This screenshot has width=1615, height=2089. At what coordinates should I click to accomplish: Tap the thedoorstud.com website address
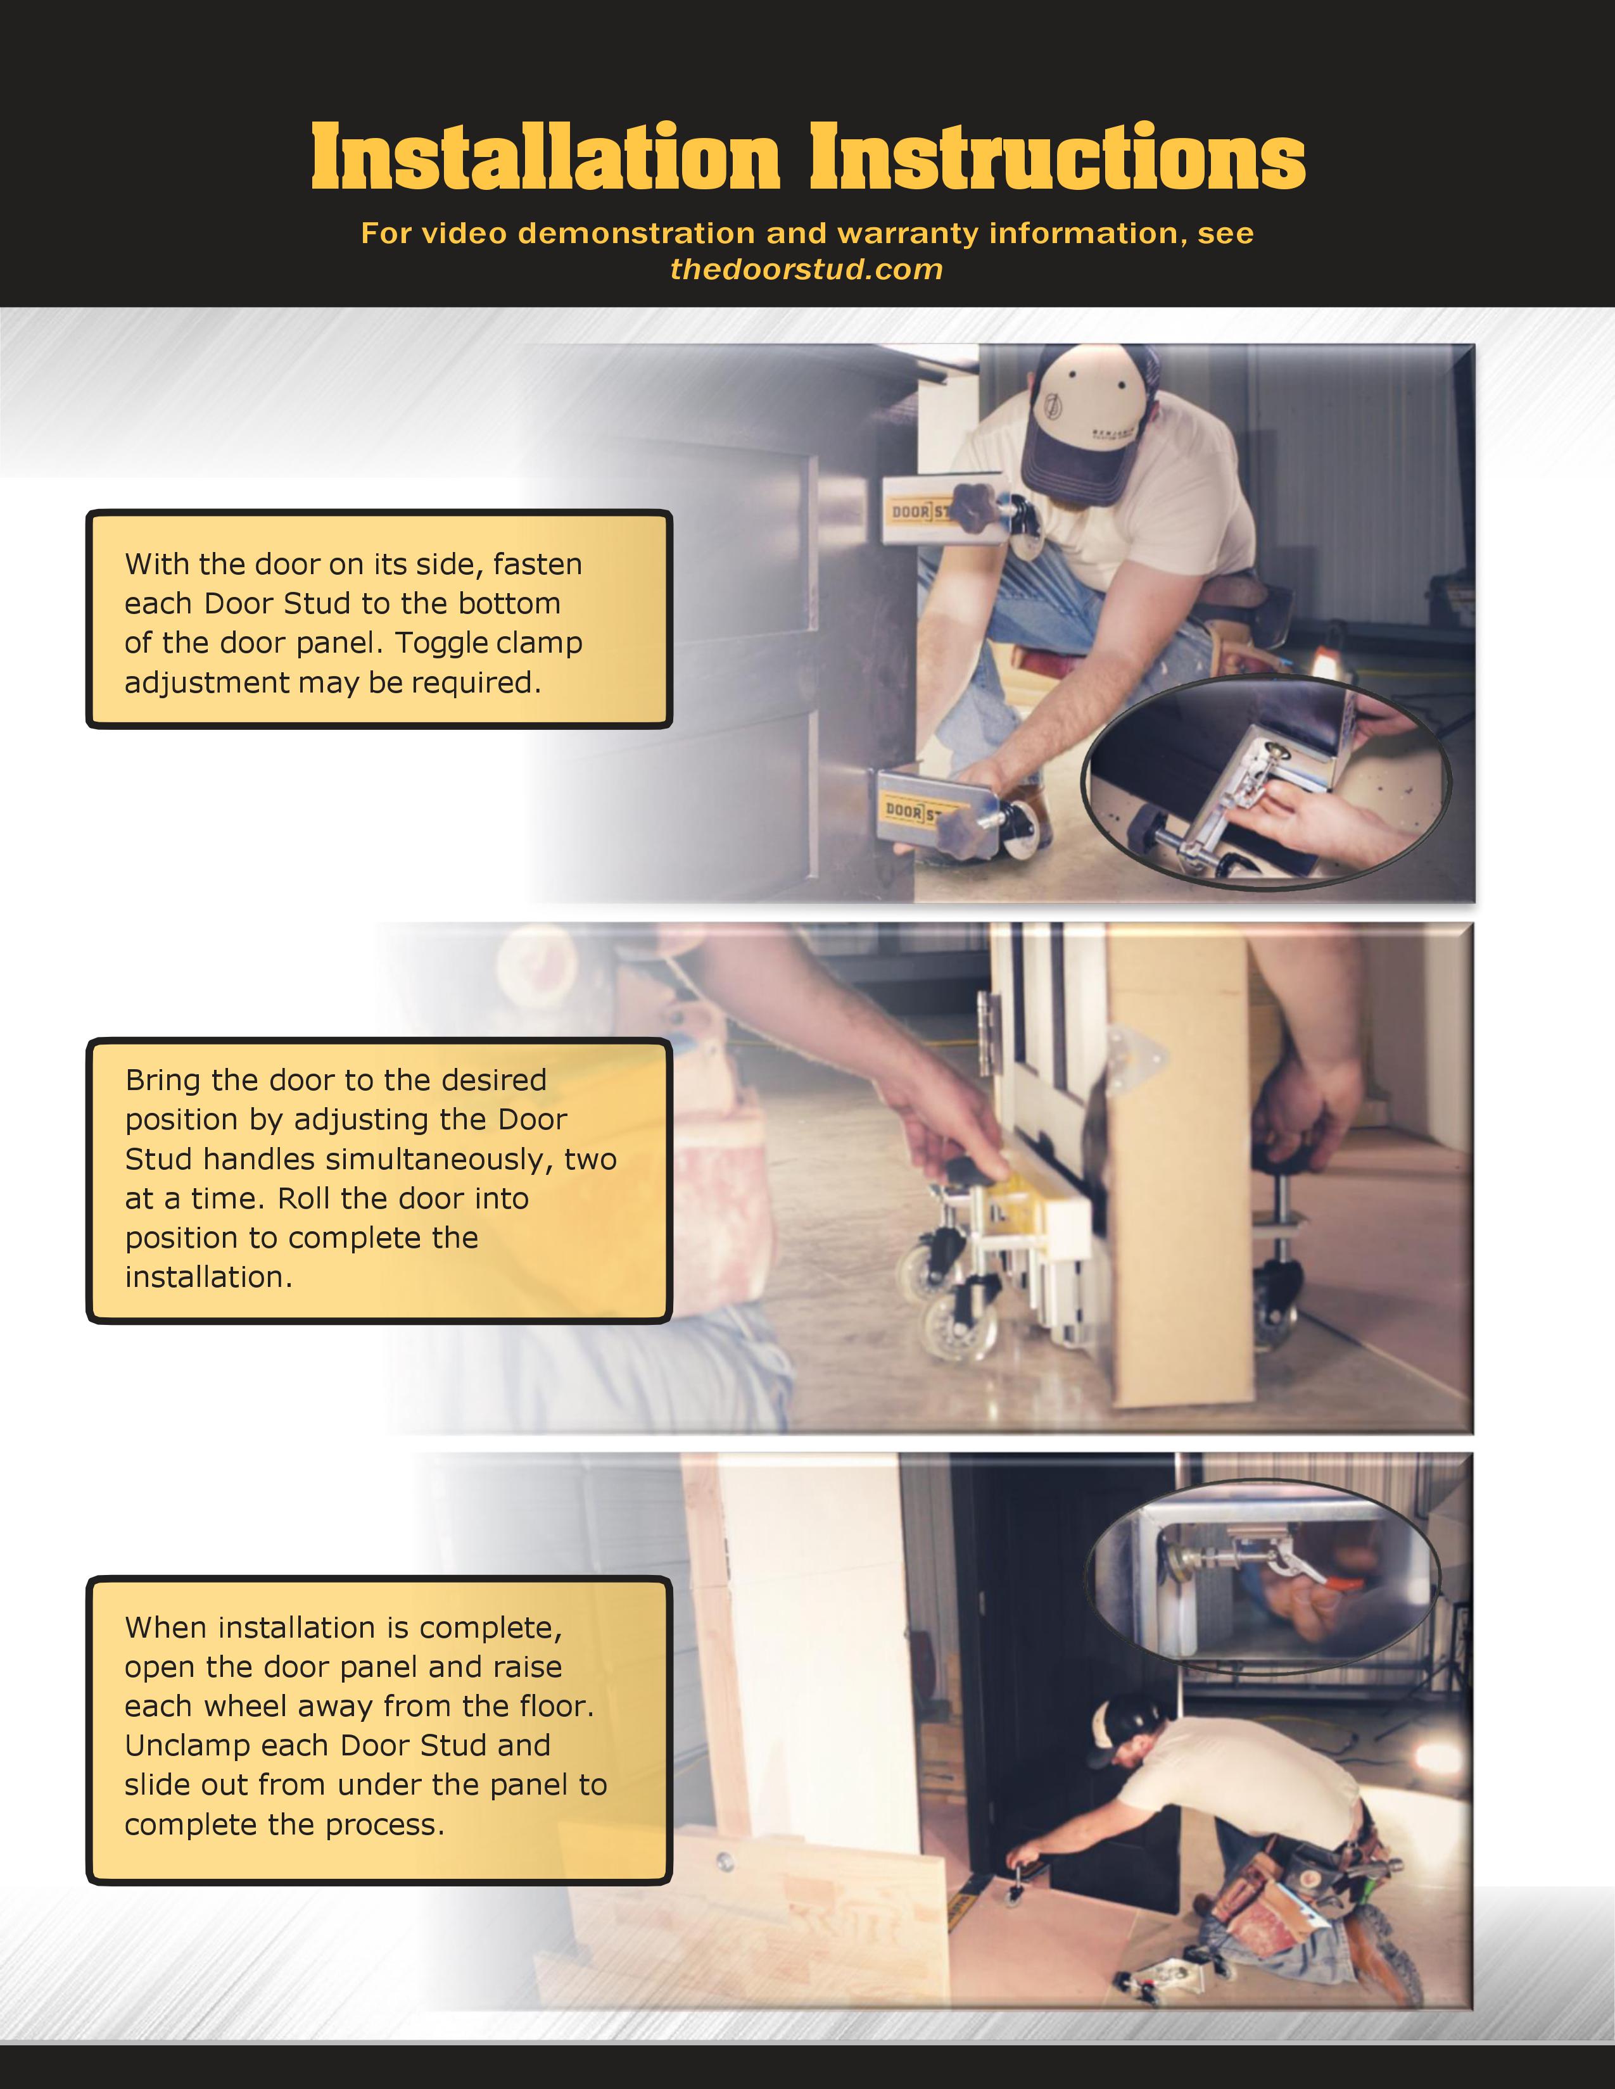click(x=806, y=270)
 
